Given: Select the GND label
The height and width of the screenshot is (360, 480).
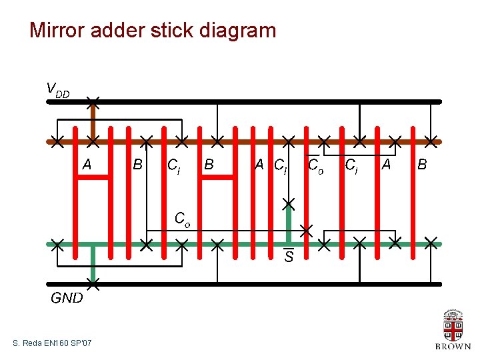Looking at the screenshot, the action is point(67,298).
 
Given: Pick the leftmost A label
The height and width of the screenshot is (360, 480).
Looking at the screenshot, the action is point(87,164).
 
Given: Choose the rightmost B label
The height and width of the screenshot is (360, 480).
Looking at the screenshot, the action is point(421,164).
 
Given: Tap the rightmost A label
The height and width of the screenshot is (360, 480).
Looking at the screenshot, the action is point(385,164).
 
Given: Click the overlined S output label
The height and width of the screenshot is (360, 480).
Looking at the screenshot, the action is point(289,256).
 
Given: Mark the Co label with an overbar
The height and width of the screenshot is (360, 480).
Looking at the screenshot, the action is point(315,164).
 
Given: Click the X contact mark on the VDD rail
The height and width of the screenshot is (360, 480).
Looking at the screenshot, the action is point(93,102).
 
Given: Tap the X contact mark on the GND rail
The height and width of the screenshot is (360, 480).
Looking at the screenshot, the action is point(93,285).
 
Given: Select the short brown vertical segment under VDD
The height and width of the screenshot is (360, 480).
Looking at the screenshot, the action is point(93,121).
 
